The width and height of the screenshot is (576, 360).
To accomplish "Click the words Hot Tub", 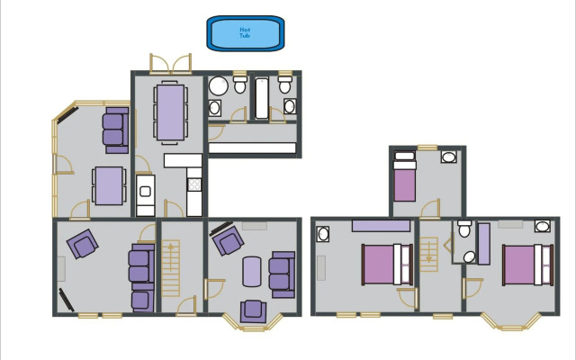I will tap(245, 32).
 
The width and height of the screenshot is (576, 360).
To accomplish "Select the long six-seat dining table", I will tap(169, 111).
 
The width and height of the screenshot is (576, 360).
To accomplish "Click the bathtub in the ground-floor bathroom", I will tap(262, 99).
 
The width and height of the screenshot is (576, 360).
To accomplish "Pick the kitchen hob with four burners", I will tap(194, 184).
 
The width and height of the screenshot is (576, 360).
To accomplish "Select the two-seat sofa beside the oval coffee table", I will tap(282, 274).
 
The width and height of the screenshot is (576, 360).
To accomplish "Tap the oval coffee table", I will tap(253, 272).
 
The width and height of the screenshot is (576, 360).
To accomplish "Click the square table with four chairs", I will tap(106, 186).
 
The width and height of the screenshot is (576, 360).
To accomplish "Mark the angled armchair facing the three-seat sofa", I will tap(83, 243).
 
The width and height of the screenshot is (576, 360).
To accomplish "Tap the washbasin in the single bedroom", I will tap(448, 157).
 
